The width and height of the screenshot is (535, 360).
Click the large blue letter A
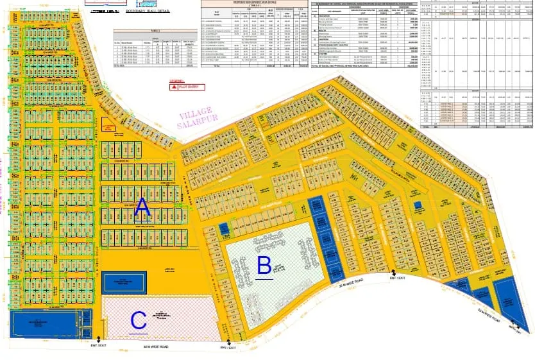(x=142, y=207)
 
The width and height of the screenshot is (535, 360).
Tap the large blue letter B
(x=264, y=264)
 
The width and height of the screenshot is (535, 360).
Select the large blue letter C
(x=139, y=320)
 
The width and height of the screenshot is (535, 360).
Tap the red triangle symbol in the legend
(x=173, y=87)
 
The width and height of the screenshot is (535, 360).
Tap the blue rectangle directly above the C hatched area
(x=124, y=282)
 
